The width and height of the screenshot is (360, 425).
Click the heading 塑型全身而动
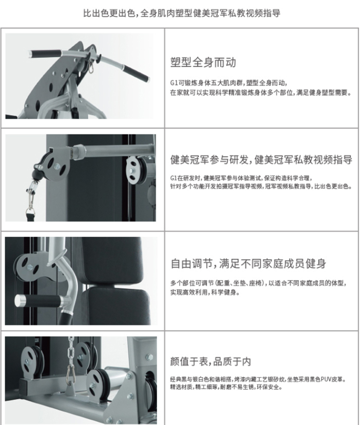click(203, 62)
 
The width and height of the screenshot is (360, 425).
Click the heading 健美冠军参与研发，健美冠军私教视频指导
click(262, 159)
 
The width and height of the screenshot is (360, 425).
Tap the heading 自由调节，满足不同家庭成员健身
click(248, 264)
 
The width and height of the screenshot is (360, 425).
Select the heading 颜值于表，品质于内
click(211, 361)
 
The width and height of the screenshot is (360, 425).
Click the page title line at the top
click(181, 13)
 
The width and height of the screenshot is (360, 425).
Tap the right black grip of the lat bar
click(136, 73)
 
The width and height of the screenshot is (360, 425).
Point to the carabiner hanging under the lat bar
click(91, 68)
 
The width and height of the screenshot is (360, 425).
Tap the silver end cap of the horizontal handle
click(20, 301)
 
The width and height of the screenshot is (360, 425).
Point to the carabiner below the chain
click(70, 375)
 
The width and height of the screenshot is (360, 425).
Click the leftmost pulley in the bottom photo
click(33, 361)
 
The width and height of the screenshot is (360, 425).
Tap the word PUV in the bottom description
click(326, 379)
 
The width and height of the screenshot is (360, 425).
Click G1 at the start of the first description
click(173, 83)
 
